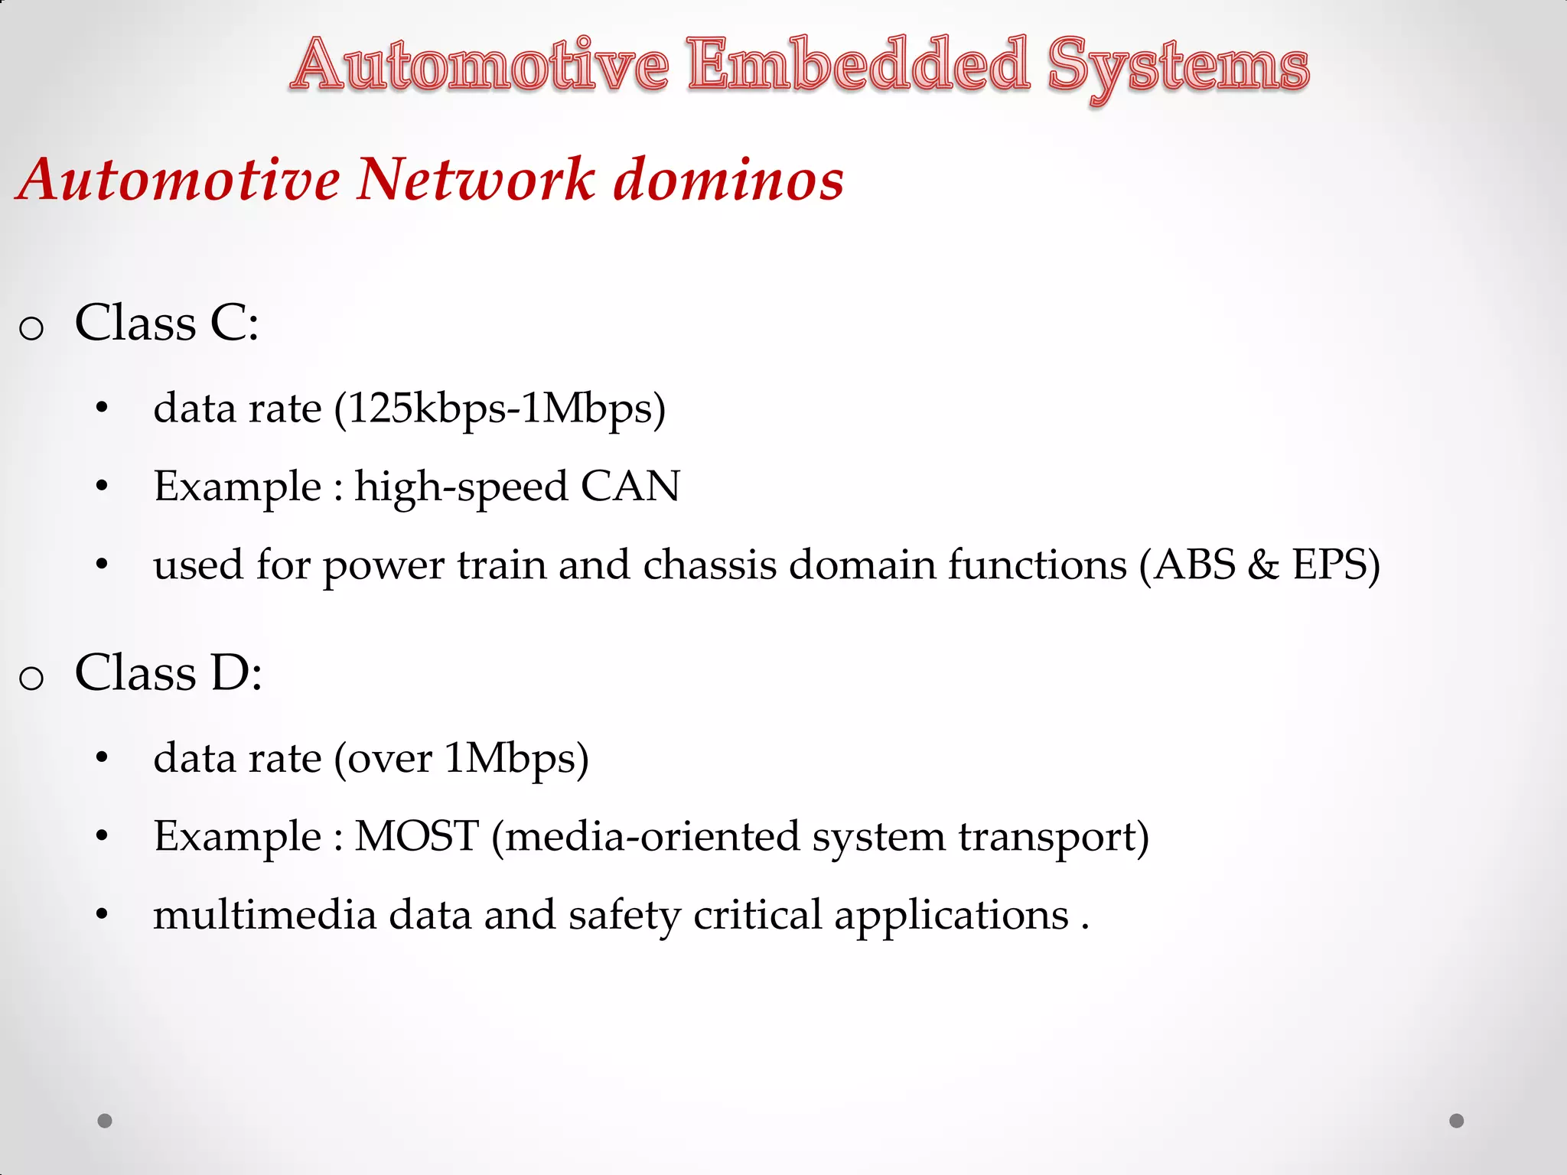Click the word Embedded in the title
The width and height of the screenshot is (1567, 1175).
click(x=858, y=66)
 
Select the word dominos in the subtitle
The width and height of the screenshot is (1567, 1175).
click(x=728, y=180)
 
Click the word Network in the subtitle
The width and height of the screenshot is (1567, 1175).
click(x=476, y=180)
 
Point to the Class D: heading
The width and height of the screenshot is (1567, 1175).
click(x=168, y=673)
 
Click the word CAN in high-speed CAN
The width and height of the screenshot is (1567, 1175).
click(x=630, y=487)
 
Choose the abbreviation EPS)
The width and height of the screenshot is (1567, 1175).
click(x=1336, y=565)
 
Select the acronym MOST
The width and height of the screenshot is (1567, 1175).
click(x=417, y=836)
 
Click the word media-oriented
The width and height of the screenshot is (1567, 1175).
click(x=652, y=837)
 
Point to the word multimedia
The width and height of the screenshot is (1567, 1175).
click(x=265, y=915)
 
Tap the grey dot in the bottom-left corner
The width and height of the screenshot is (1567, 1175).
click(x=105, y=1121)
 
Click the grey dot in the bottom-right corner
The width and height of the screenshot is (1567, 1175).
click(x=1457, y=1121)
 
